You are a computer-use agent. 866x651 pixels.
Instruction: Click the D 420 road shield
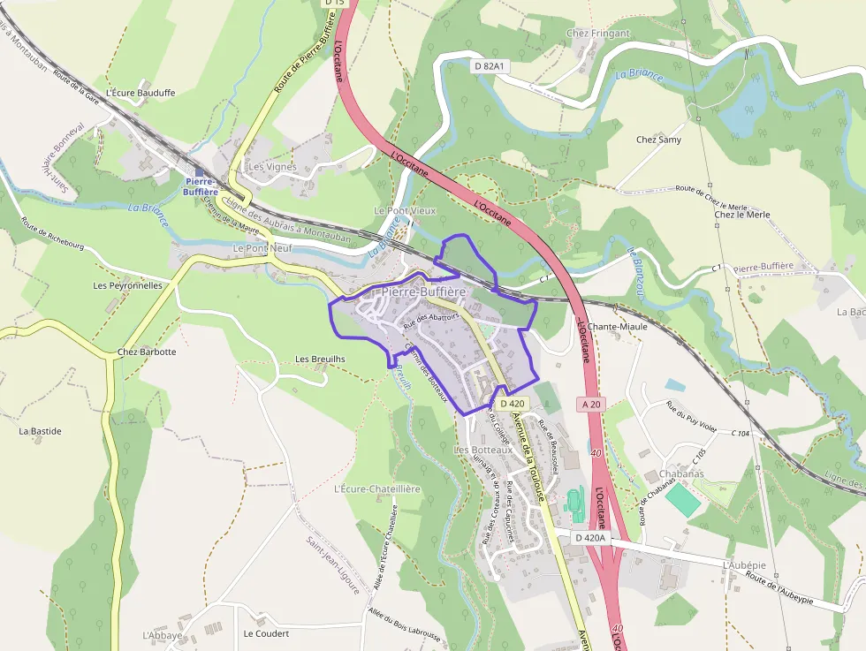click(x=512, y=404)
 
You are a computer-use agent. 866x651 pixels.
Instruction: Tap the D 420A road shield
click(x=590, y=537)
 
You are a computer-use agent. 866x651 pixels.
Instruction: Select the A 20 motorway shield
click(x=592, y=404)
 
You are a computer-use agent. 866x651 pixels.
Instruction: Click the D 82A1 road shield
click(x=488, y=65)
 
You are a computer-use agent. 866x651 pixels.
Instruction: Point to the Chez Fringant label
click(x=598, y=34)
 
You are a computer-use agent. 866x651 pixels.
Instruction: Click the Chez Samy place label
click(x=658, y=140)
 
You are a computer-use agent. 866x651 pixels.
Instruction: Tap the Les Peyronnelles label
click(x=127, y=286)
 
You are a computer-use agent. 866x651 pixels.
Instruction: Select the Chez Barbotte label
click(x=147, y=352)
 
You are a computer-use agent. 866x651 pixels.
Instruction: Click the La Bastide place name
click(x=41, y=431)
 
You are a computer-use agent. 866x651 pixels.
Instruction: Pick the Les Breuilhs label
click(x=320, y=360)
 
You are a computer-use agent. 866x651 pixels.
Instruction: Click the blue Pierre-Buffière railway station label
click(x=201, y=186)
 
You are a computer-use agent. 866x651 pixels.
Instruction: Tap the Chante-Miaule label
click(x=617, y=326)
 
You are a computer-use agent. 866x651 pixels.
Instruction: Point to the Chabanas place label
click(x=680, y=473)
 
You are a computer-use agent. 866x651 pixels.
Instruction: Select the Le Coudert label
click(x=266, y=634)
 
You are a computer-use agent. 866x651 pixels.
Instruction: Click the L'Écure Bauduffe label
click(x=141, y=93)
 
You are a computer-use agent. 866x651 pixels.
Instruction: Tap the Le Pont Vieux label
click(x=406, y=211)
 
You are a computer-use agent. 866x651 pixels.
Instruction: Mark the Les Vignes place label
click(x=272, y=166)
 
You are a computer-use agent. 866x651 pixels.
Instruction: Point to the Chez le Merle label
click(x=741, y=215)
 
